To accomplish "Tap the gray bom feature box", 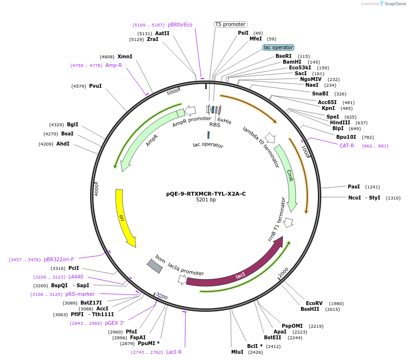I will [155, 266].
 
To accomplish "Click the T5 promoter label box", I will [231, 24].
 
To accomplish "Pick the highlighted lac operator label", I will [278, 47].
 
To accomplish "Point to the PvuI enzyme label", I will [95, 86].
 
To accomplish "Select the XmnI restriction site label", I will [125, 56].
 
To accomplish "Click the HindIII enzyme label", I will [340, 122].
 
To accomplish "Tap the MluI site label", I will [237, 352].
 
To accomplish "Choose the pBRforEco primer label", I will [180, 25].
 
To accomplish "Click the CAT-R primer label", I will [347, 146].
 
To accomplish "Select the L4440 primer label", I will [76, 277].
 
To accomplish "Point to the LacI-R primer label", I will [174, 352].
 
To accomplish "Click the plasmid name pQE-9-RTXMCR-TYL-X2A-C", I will [206, 194].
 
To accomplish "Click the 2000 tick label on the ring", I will [283, 271].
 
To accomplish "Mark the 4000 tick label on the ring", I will [97, 189].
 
